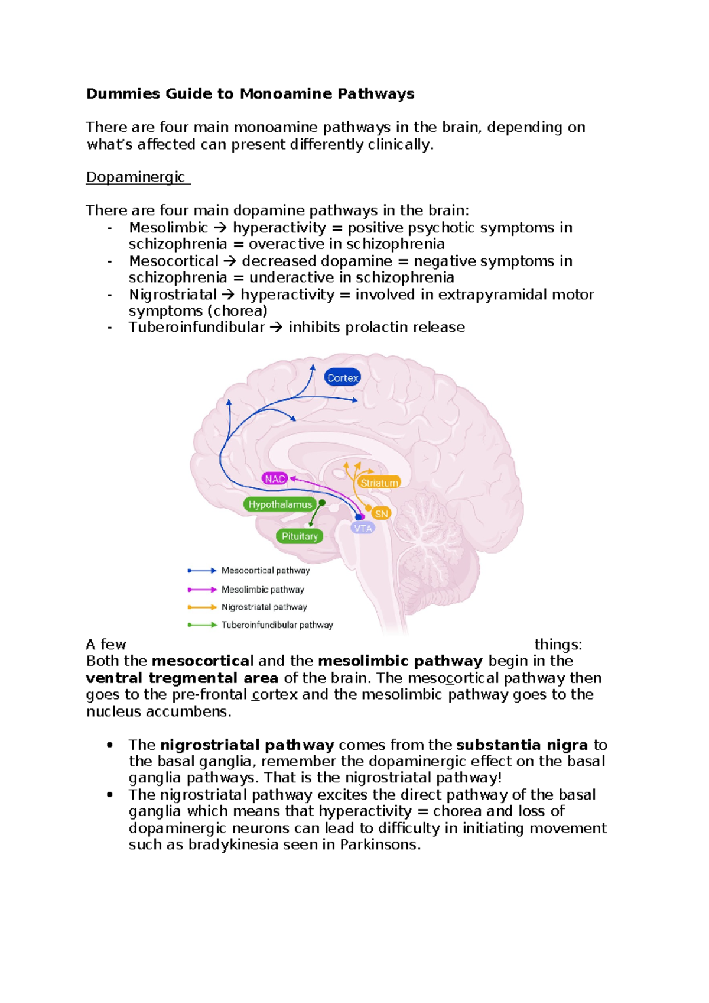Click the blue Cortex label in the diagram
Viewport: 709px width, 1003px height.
tap(343, 378)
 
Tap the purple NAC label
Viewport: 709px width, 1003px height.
tap(275, 478)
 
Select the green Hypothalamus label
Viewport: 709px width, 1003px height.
tap(279, 504)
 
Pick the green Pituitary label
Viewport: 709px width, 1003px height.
tap(300, 536)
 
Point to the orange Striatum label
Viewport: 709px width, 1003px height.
tap(379, 483)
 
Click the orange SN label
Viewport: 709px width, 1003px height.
tap(382, 513)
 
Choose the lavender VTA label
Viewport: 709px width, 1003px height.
tap(363, 528)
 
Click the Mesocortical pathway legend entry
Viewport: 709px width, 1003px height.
tap(265, 571)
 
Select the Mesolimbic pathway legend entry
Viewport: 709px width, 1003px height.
tap(262, 590)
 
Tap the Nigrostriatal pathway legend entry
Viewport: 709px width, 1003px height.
tap(264, 607)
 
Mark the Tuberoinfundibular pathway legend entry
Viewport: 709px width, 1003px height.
tap(277, 625)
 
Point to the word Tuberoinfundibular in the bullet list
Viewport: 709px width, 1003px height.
tap(196, 328)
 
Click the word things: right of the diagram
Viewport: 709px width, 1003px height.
tap(558, 645)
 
